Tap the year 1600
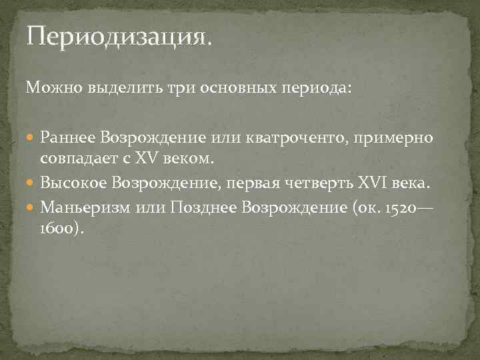click(59, 227)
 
